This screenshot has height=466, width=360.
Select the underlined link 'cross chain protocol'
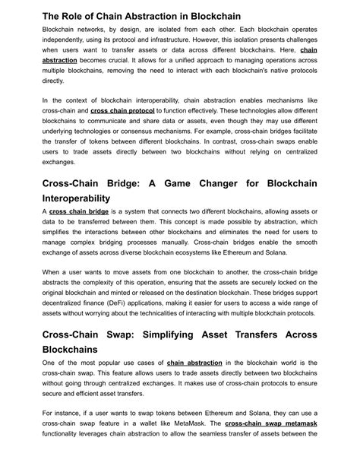(x=122, y=110)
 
